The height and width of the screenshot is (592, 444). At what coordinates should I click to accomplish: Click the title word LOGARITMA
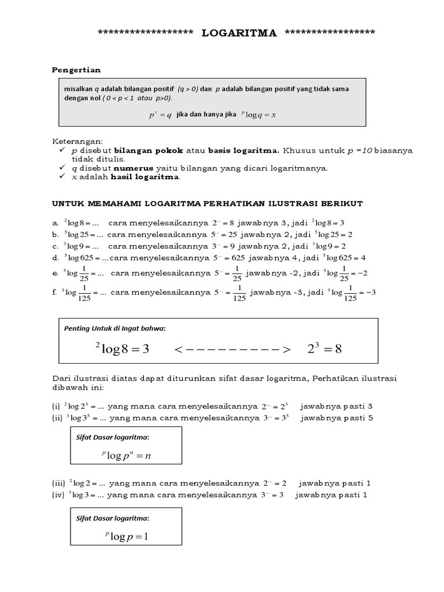coord(239,33)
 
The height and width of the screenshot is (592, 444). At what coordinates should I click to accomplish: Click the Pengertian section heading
coord(76,70)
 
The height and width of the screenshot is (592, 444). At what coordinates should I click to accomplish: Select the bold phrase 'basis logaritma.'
coord(243,150)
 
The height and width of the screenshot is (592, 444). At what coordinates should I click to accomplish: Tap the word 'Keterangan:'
coord(76,141)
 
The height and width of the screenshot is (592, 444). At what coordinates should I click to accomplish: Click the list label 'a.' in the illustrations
coord(55,223)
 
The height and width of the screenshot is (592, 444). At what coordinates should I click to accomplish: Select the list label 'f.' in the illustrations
coord(55,293)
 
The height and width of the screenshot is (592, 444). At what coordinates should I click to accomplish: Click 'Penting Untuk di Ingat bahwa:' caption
coord(114,328)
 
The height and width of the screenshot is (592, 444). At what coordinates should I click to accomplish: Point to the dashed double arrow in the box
coord(231,349)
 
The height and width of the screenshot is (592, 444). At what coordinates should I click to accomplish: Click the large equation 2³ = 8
coord(325,349)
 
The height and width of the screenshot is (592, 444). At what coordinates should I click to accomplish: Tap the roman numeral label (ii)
coord(57,417)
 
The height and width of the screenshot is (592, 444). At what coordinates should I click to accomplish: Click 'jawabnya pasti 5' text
coord(336,417)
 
